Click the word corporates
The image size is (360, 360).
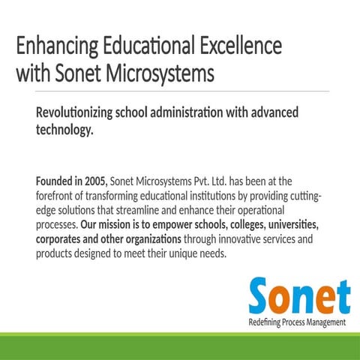[x=63, y=239]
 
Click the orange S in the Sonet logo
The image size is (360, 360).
[x=262, y=296]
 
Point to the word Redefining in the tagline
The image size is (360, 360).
[x=266, y=322]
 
